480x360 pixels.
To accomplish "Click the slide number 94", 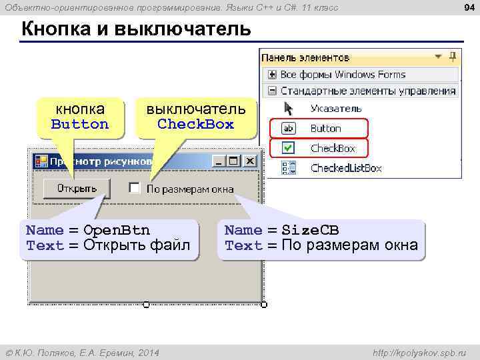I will tap(468, 7).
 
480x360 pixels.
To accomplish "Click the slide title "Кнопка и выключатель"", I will tap(136, 29).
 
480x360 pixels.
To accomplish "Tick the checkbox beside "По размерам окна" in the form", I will tap(134, 188).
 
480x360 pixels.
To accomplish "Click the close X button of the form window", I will tap(249, 161).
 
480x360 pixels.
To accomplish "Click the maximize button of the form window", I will tap(233, 161).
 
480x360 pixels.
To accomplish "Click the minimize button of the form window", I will tap(218, 161).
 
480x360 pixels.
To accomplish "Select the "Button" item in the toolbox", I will tap(325, 128).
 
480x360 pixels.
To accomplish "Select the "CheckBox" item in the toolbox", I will tap(333, 148).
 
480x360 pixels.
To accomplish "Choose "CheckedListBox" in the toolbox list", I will tap(346, 168).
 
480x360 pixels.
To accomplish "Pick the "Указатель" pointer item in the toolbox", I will tap(336, 108).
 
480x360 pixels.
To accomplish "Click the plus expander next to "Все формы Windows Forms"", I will tap(272, 74).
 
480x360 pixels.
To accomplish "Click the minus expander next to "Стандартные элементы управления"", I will tap(272, 91).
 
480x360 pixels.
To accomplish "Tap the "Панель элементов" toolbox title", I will tap(305, 57).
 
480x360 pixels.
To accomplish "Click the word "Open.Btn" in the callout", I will tap(117, 231).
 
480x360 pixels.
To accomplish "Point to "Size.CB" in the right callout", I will tap(310, 231).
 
